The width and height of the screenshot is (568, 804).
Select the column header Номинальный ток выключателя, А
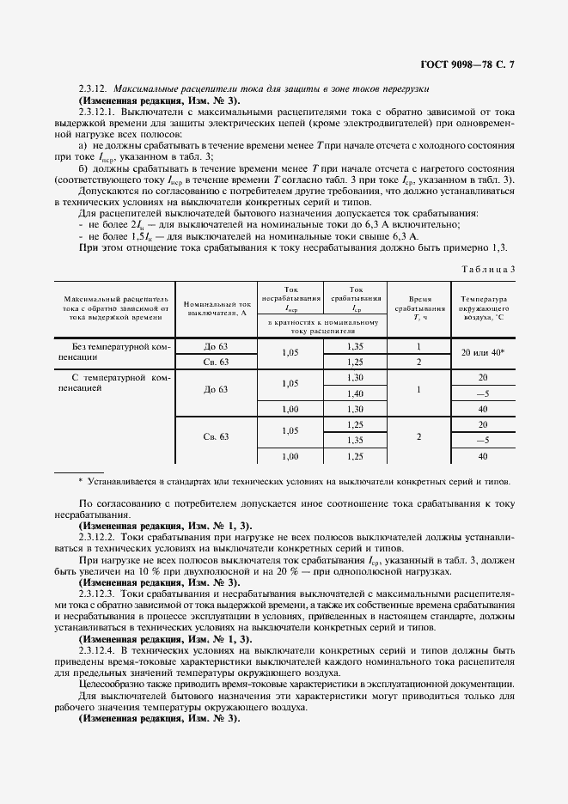click(x=217, y=308)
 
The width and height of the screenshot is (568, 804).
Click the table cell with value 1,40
click(x=355, y=393)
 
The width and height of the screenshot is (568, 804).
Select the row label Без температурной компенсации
click(x=113, y=352)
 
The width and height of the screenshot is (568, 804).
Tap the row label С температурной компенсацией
click(x=113, y=382)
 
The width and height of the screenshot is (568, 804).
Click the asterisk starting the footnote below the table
click(x=80, y=481)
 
